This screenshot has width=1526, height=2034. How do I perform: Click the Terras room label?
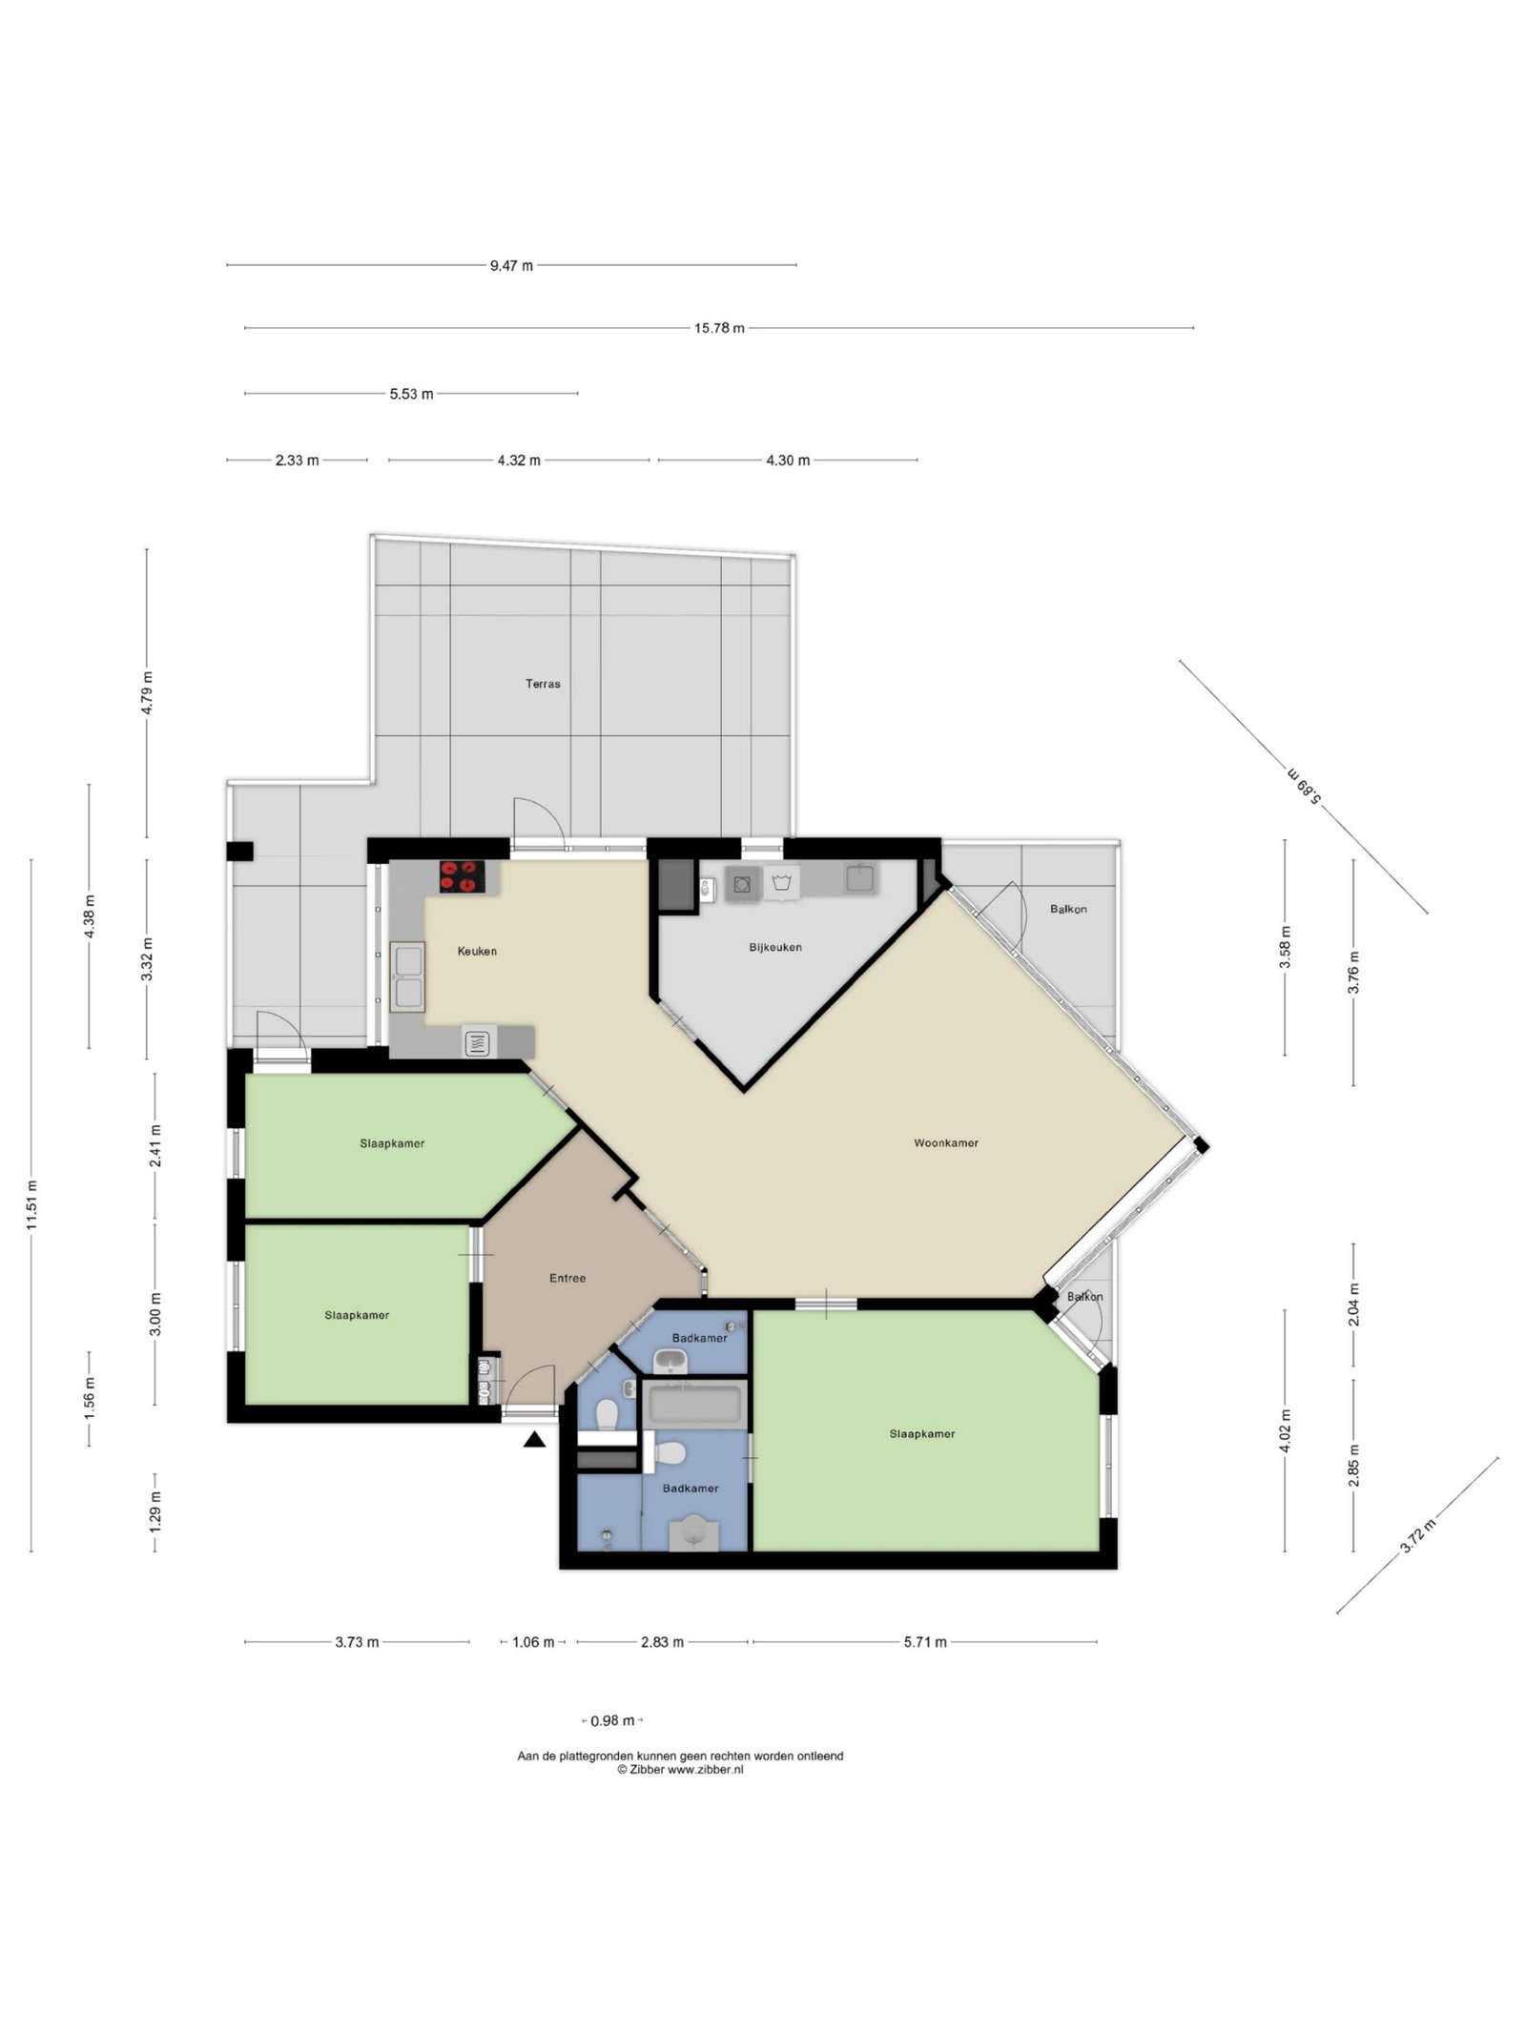pyautogui.click(x=543, y=684)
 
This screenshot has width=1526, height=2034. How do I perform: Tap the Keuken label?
pyautogui.click(x=477, y=951)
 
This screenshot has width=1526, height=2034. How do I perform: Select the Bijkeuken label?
pyautogui.click(x=775, y=947)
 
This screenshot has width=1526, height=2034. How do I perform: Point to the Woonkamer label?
pyautogui.click(x=946, y=1142)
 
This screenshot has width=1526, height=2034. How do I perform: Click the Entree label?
pyautogui.click(x=567, y=1278)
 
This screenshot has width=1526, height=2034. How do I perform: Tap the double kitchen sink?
pyautogui.click(x=407, y=976)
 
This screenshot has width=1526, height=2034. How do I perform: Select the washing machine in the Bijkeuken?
pyautogui.click(x=742, y=884)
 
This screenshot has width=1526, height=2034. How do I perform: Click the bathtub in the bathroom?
pyautogui.click(x=694, y=1405)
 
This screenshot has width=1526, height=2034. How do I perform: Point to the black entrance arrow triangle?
pyautogui.click(x=534, y=1440)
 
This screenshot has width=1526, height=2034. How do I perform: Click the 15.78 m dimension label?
pyautogui.click(x=719, y=328)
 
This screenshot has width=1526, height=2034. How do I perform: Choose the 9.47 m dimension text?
pyautogui.click(x=511, y=266)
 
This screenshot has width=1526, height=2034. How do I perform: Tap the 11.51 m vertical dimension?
pyautogui.click(x=31, y=1205)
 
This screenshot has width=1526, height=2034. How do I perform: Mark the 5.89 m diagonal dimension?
pyautogui.click(x=1304, y=786)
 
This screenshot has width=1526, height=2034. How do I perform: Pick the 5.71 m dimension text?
pyautogui.click(x=924, y=1642)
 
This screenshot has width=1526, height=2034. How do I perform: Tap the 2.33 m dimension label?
pyautogui.click(x=297, y=461)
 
